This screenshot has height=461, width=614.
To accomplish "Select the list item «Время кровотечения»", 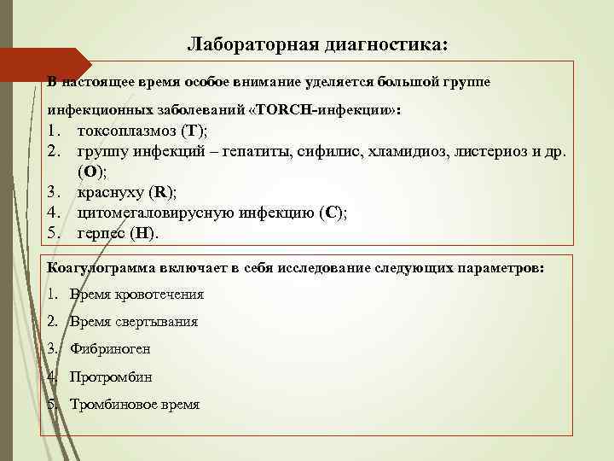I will point(136,295).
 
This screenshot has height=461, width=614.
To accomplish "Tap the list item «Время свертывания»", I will point(133,322).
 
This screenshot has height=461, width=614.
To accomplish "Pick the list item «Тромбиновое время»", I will point(135,404).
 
